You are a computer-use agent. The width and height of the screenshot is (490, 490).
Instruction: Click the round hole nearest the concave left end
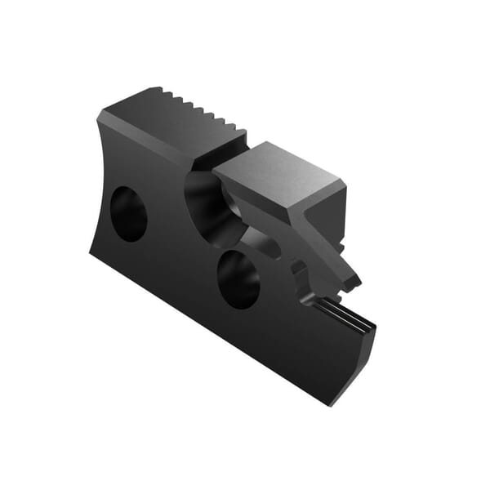click(128, 214)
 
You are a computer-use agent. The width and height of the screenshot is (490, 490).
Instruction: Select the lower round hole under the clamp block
click(238, 278)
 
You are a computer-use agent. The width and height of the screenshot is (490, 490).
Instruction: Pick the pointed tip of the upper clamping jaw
click(356, 282)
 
